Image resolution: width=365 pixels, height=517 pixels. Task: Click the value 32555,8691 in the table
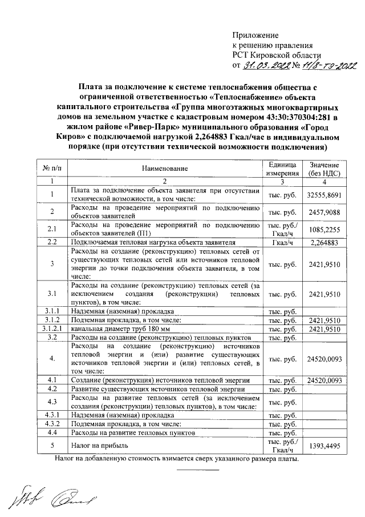click(323, 194)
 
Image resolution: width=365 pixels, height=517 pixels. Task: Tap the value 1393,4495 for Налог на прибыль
click(323, 446)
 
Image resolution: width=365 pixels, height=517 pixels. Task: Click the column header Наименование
click(165, 169)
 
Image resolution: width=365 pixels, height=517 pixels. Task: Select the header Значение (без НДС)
click(323, 169)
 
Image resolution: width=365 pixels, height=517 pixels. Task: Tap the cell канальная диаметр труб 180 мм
click(119, 329)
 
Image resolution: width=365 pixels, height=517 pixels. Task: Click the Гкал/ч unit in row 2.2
click(283, 242)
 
